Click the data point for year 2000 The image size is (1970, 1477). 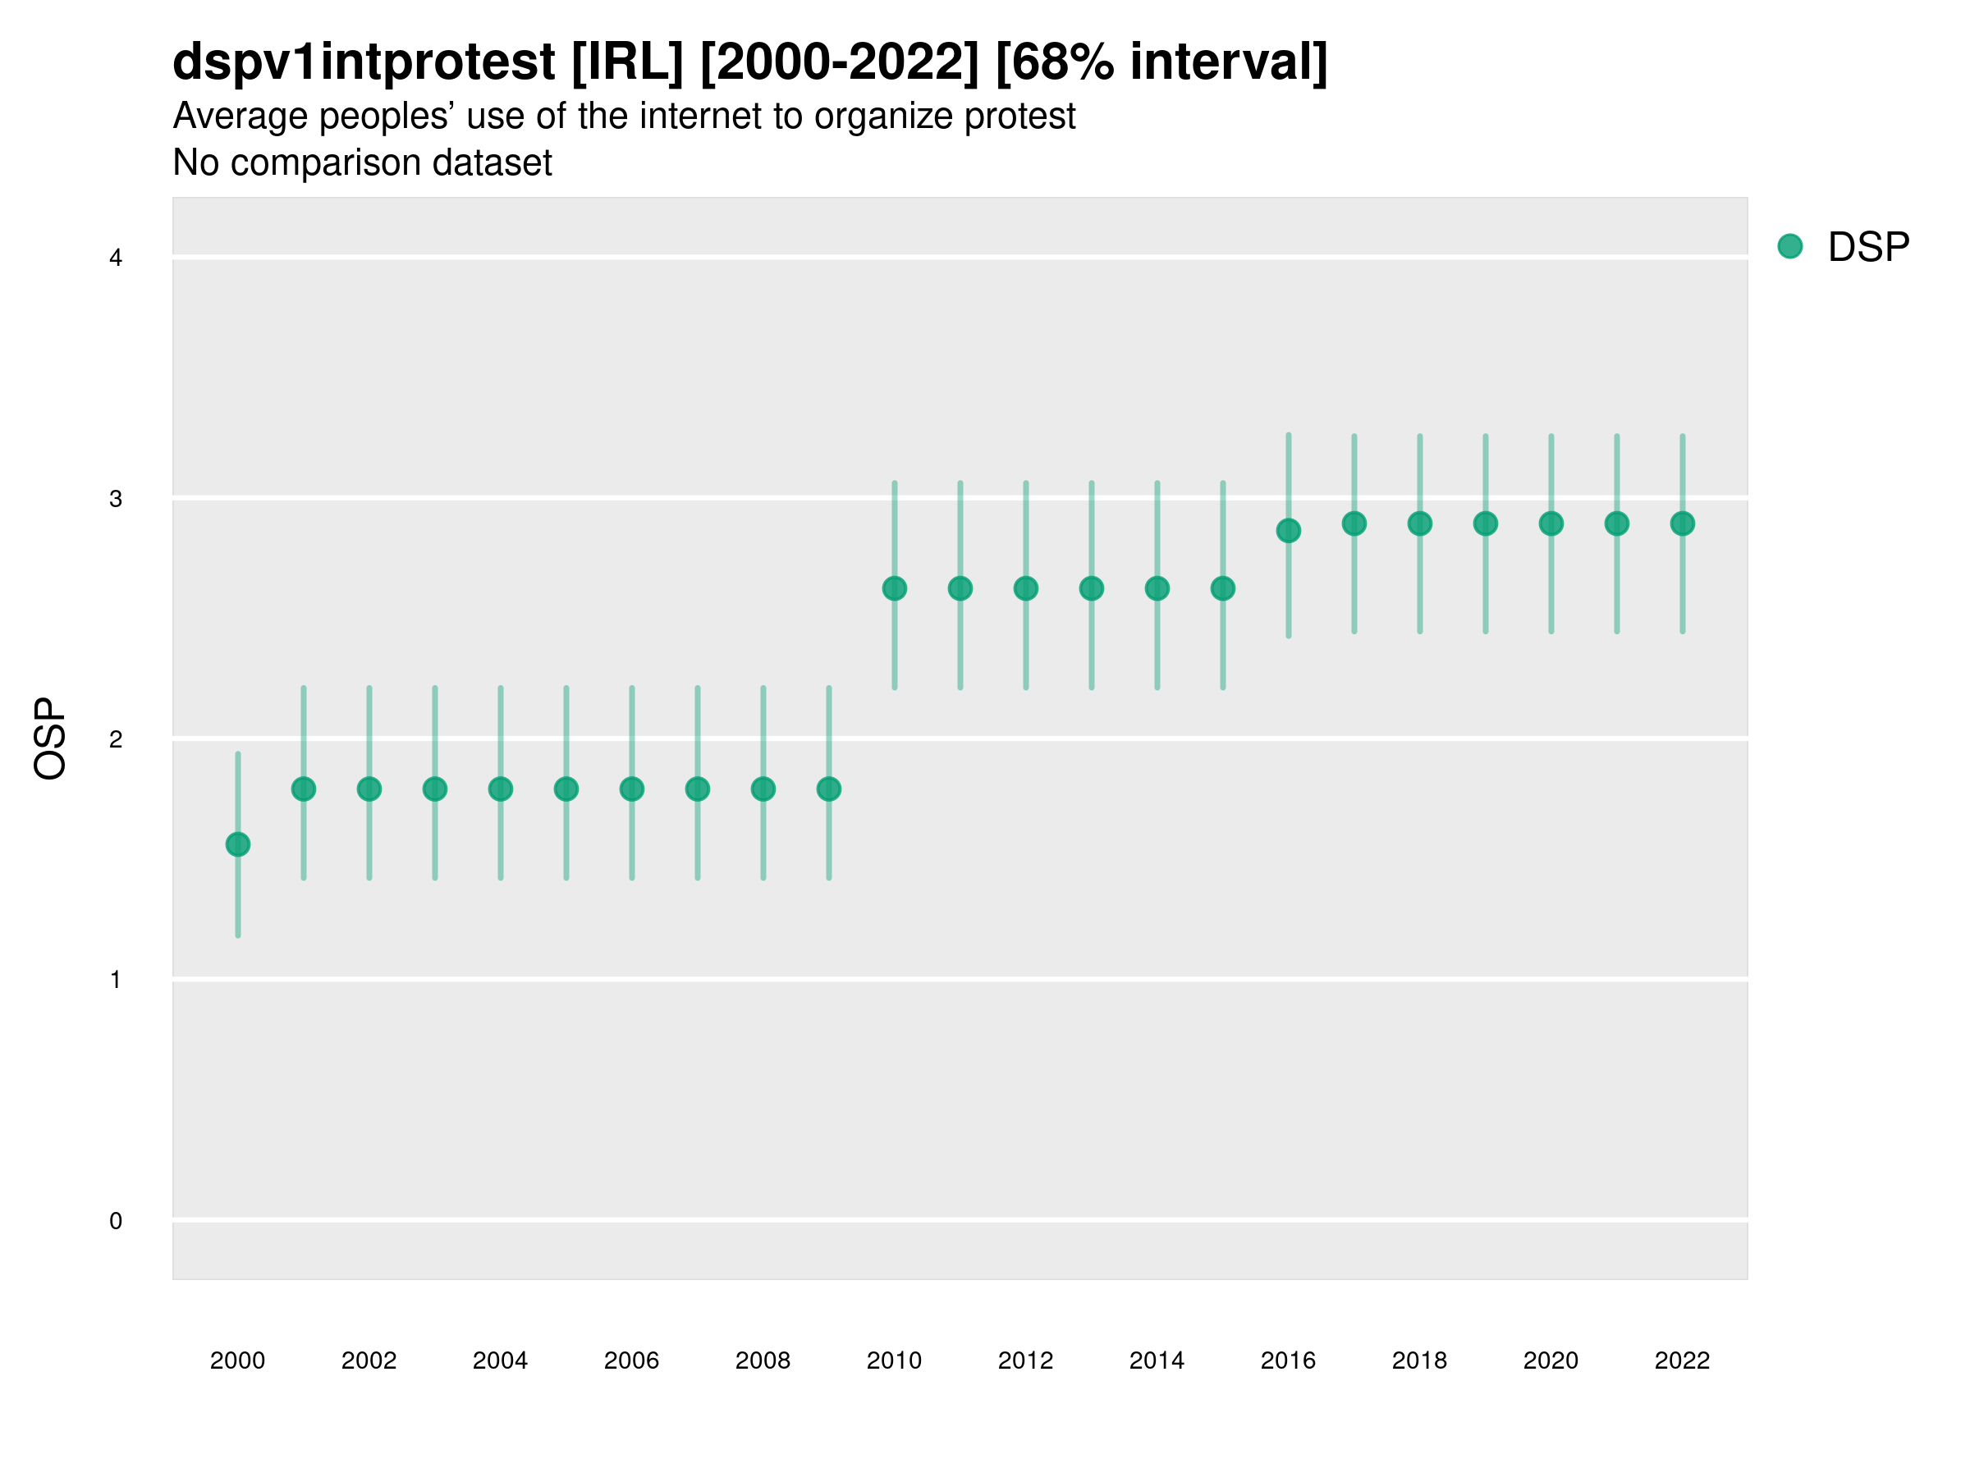click(x=238, y=844)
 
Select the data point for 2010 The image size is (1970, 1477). click(x=894, y=588)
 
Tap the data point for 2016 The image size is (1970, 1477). click(x=1289, y=531)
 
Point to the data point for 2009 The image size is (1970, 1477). click(x=829, y=789)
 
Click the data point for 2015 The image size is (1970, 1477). click(x=1223, y=588)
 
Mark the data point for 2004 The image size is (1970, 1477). click(x=501, y=789)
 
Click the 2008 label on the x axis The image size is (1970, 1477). click(x=763, y=1360)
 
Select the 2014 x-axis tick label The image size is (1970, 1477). click(x=1157, y=1360)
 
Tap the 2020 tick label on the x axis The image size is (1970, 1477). click(x=1551, y=1360)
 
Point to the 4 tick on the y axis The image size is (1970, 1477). click(x=116, y=258)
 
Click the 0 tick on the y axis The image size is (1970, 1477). click(x=116, y=1221)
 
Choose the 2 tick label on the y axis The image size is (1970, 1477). click(x=116, y=739)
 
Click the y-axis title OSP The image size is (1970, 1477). click(x=51, y=739)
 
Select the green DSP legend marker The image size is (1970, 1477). click(x=1790, y=247)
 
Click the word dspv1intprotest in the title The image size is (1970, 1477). click(x=364, y=62)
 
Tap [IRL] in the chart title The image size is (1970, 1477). click(x=627, y=62)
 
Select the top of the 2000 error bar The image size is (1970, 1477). click(x=238, y=754)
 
